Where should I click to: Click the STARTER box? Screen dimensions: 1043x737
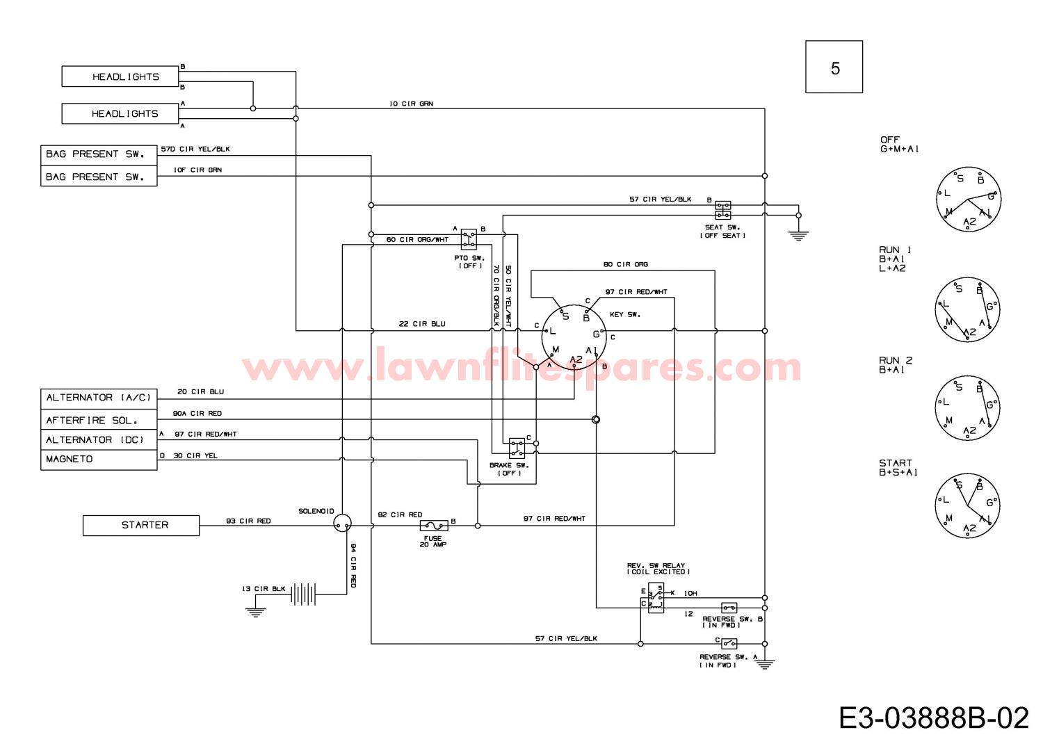tap(141, 525)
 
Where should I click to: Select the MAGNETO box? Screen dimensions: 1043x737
tap(99, 460)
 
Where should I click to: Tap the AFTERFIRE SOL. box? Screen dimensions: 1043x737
tap(99, 419)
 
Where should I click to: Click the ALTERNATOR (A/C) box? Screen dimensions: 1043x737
tap(99, 398)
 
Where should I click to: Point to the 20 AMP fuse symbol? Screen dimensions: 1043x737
tap(434, 526)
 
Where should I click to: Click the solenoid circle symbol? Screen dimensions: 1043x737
tap(343, 523)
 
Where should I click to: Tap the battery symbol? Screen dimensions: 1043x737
tap(303, 594)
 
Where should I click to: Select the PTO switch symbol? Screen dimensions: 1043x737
tap(469, 239)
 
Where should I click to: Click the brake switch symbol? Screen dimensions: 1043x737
tap(517, 448)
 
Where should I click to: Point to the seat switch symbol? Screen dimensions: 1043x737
tap(722, 210)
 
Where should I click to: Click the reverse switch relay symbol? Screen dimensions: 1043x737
tap(656, 598)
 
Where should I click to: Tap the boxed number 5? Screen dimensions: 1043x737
tap(834, 67)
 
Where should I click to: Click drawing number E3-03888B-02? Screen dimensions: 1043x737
tap(934, 718)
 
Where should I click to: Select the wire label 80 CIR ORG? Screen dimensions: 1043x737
tap(625, 264)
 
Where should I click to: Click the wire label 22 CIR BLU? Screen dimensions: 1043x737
tap(422, 323)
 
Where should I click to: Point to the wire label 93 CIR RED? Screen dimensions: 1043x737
tap(248, 521)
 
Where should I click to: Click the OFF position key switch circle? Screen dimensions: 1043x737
tap(969, 200)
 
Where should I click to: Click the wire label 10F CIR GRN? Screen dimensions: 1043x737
tap(197, 170)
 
